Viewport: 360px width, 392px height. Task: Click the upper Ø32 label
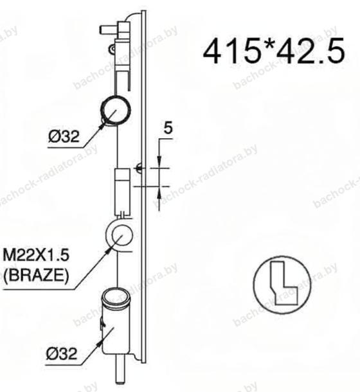point(64,136)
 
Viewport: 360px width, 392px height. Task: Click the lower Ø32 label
point(62,353)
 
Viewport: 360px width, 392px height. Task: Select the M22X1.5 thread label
point(36,256)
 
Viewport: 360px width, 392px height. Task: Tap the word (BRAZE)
point(36,276)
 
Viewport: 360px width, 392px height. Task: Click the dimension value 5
point(168,128)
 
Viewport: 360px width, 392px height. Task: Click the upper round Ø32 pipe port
point(115,110)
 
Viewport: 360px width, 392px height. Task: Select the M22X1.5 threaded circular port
point(120,235)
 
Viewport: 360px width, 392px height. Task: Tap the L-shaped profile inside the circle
point(284,283)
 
